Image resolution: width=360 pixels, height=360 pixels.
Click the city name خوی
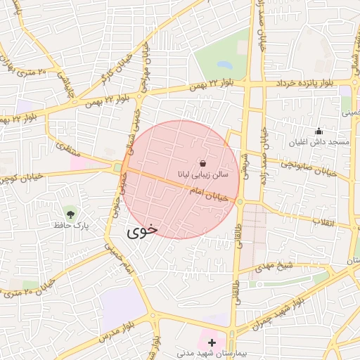point(142,229)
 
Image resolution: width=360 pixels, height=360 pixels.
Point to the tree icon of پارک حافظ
point(70,213)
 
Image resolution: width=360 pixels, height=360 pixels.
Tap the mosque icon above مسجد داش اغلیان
point(319,131)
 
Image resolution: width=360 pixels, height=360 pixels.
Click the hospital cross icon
point(212,342)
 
